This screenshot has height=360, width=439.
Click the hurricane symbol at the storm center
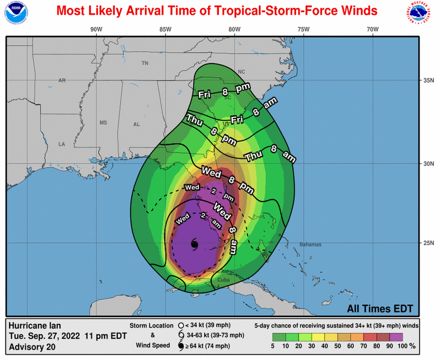tap(194, 243)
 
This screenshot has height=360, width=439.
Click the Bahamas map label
tap(310, 244)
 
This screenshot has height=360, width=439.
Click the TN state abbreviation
tap(145, 63)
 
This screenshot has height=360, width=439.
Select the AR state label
tap(62, 80)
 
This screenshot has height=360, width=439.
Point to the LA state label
tap(62, 144)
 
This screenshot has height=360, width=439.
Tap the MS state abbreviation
tap(103, 123)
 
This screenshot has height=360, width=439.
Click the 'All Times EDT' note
tap(380, 308)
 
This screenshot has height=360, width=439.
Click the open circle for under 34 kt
tap(180, 325)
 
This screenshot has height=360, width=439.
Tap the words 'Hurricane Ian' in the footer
tap(35, 326)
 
